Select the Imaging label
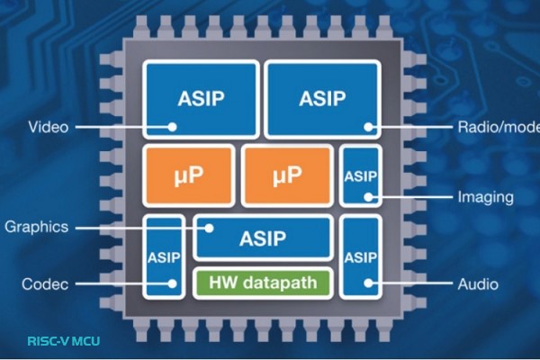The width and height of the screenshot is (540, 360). [x=485, y=196]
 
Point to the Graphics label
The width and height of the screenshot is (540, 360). [x=36, y=227]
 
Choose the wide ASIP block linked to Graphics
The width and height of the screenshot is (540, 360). [x=263, y=237]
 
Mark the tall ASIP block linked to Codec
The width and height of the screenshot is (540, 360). [x=162, y=256]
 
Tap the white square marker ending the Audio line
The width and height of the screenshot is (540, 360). [x=368, y=285]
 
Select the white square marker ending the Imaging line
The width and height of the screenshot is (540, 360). [x=368, y=196]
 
